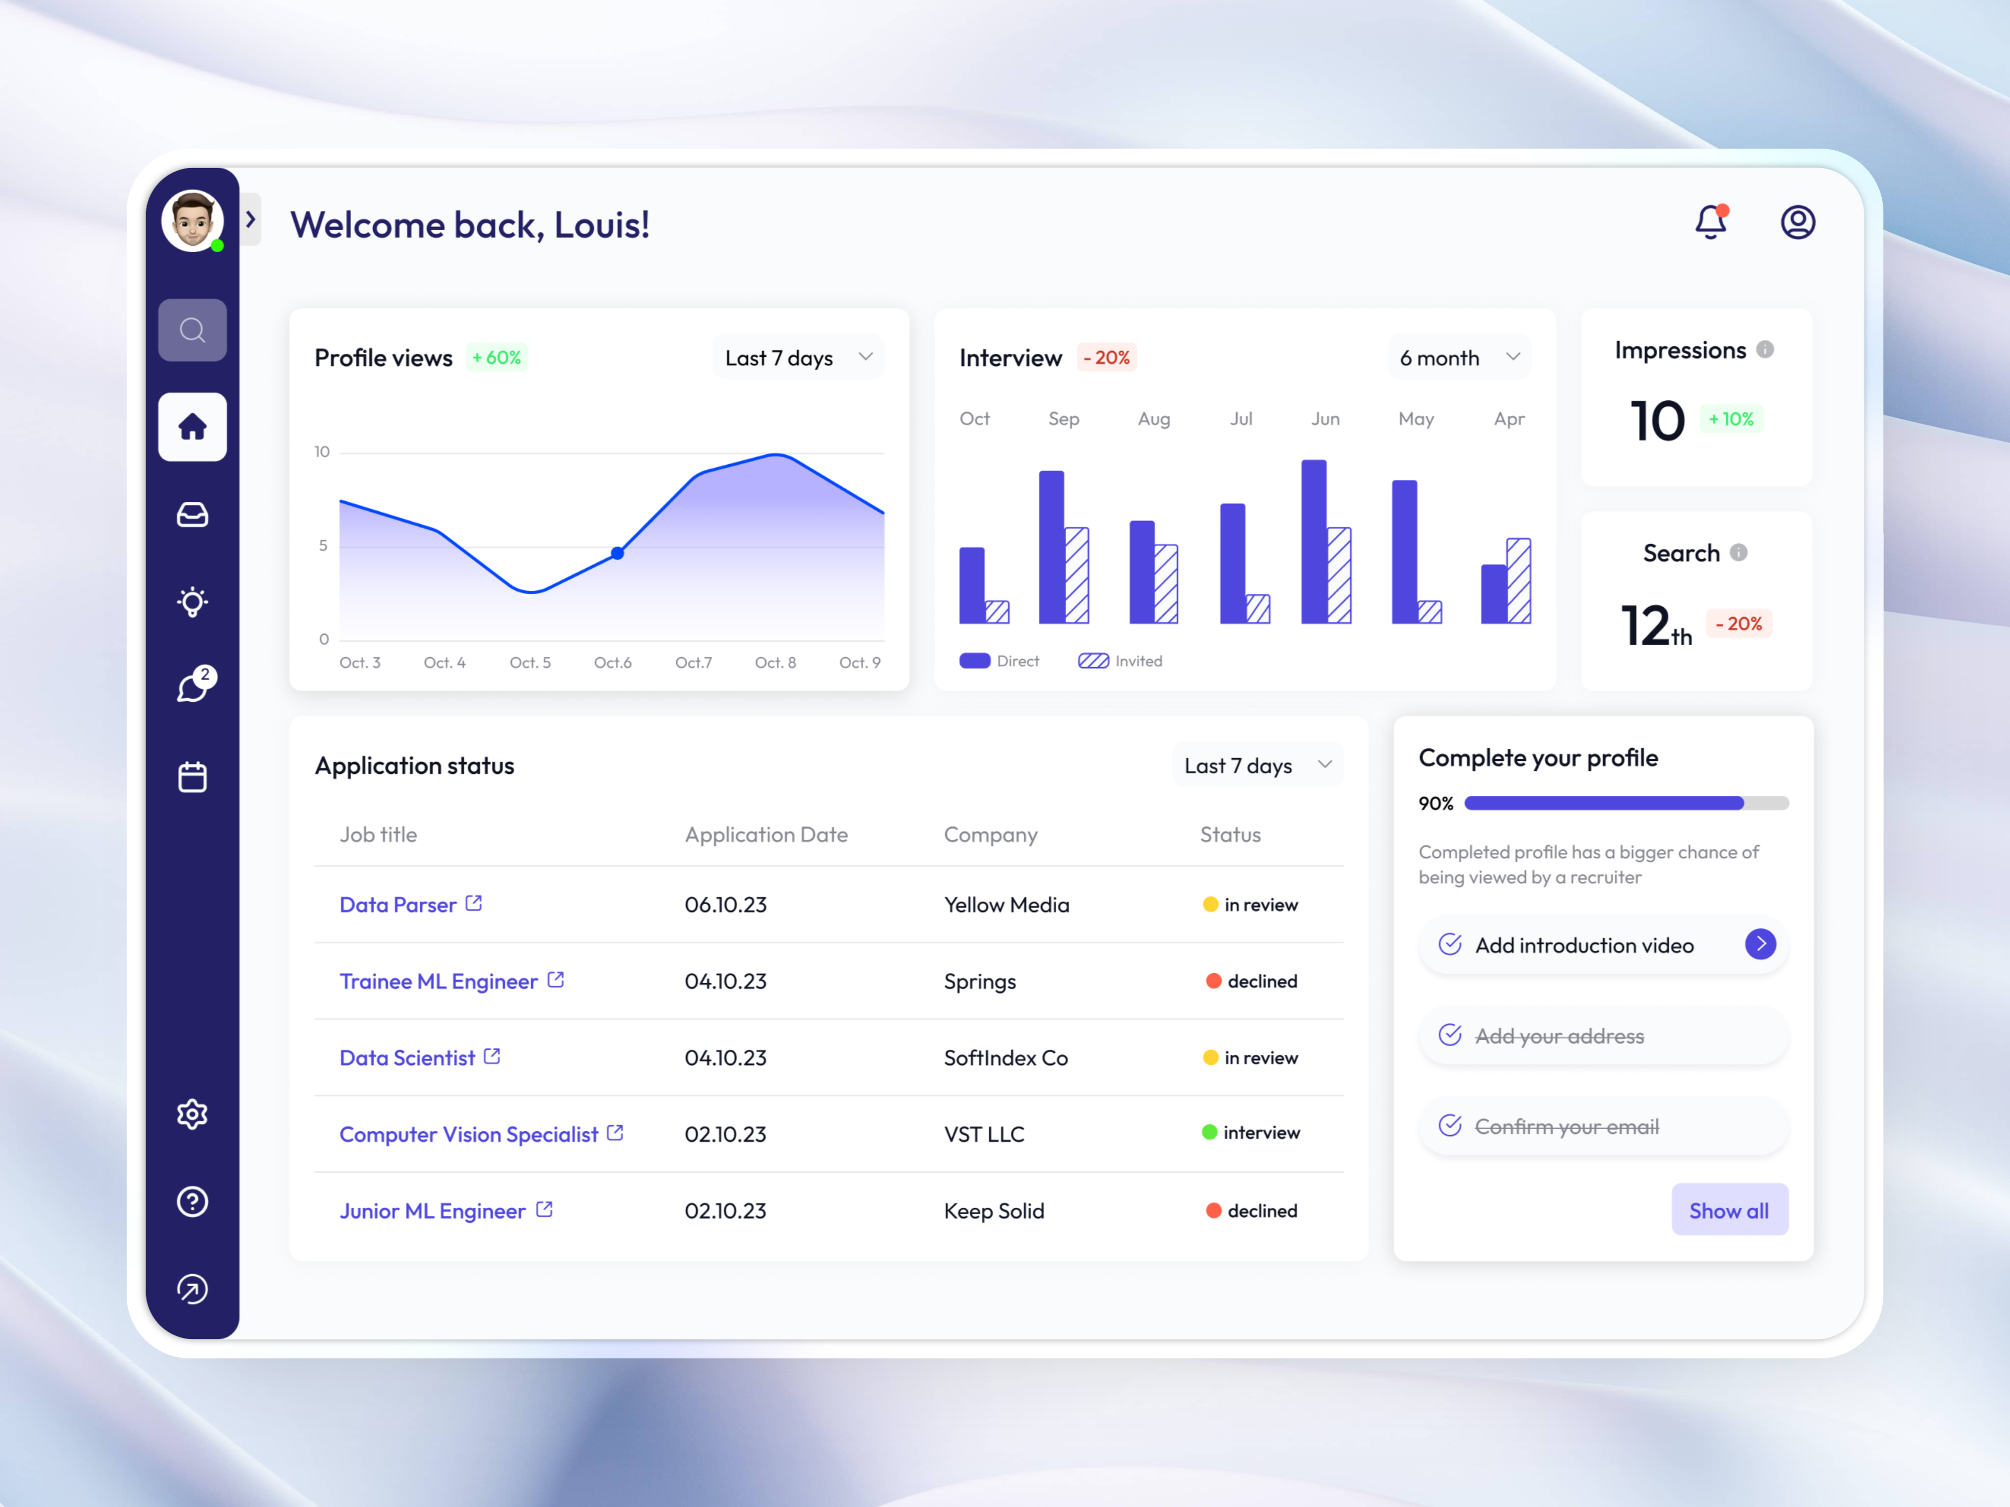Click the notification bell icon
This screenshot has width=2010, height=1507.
point(1710,222)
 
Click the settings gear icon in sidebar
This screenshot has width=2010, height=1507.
point(192,1114)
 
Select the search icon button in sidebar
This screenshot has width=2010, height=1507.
point(192,330)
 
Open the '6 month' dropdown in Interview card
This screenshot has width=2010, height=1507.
point(1458,358)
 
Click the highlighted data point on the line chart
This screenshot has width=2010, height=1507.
point(617,552)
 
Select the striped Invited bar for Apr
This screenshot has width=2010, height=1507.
point(1518,581)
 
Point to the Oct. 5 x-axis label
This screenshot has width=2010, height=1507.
point(530,662)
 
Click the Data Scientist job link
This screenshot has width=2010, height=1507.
point(407,1058)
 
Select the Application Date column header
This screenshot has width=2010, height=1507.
point(766,834)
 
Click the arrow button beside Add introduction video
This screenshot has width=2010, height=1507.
point(1760,944)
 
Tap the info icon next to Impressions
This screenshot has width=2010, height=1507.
point(1765,350)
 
